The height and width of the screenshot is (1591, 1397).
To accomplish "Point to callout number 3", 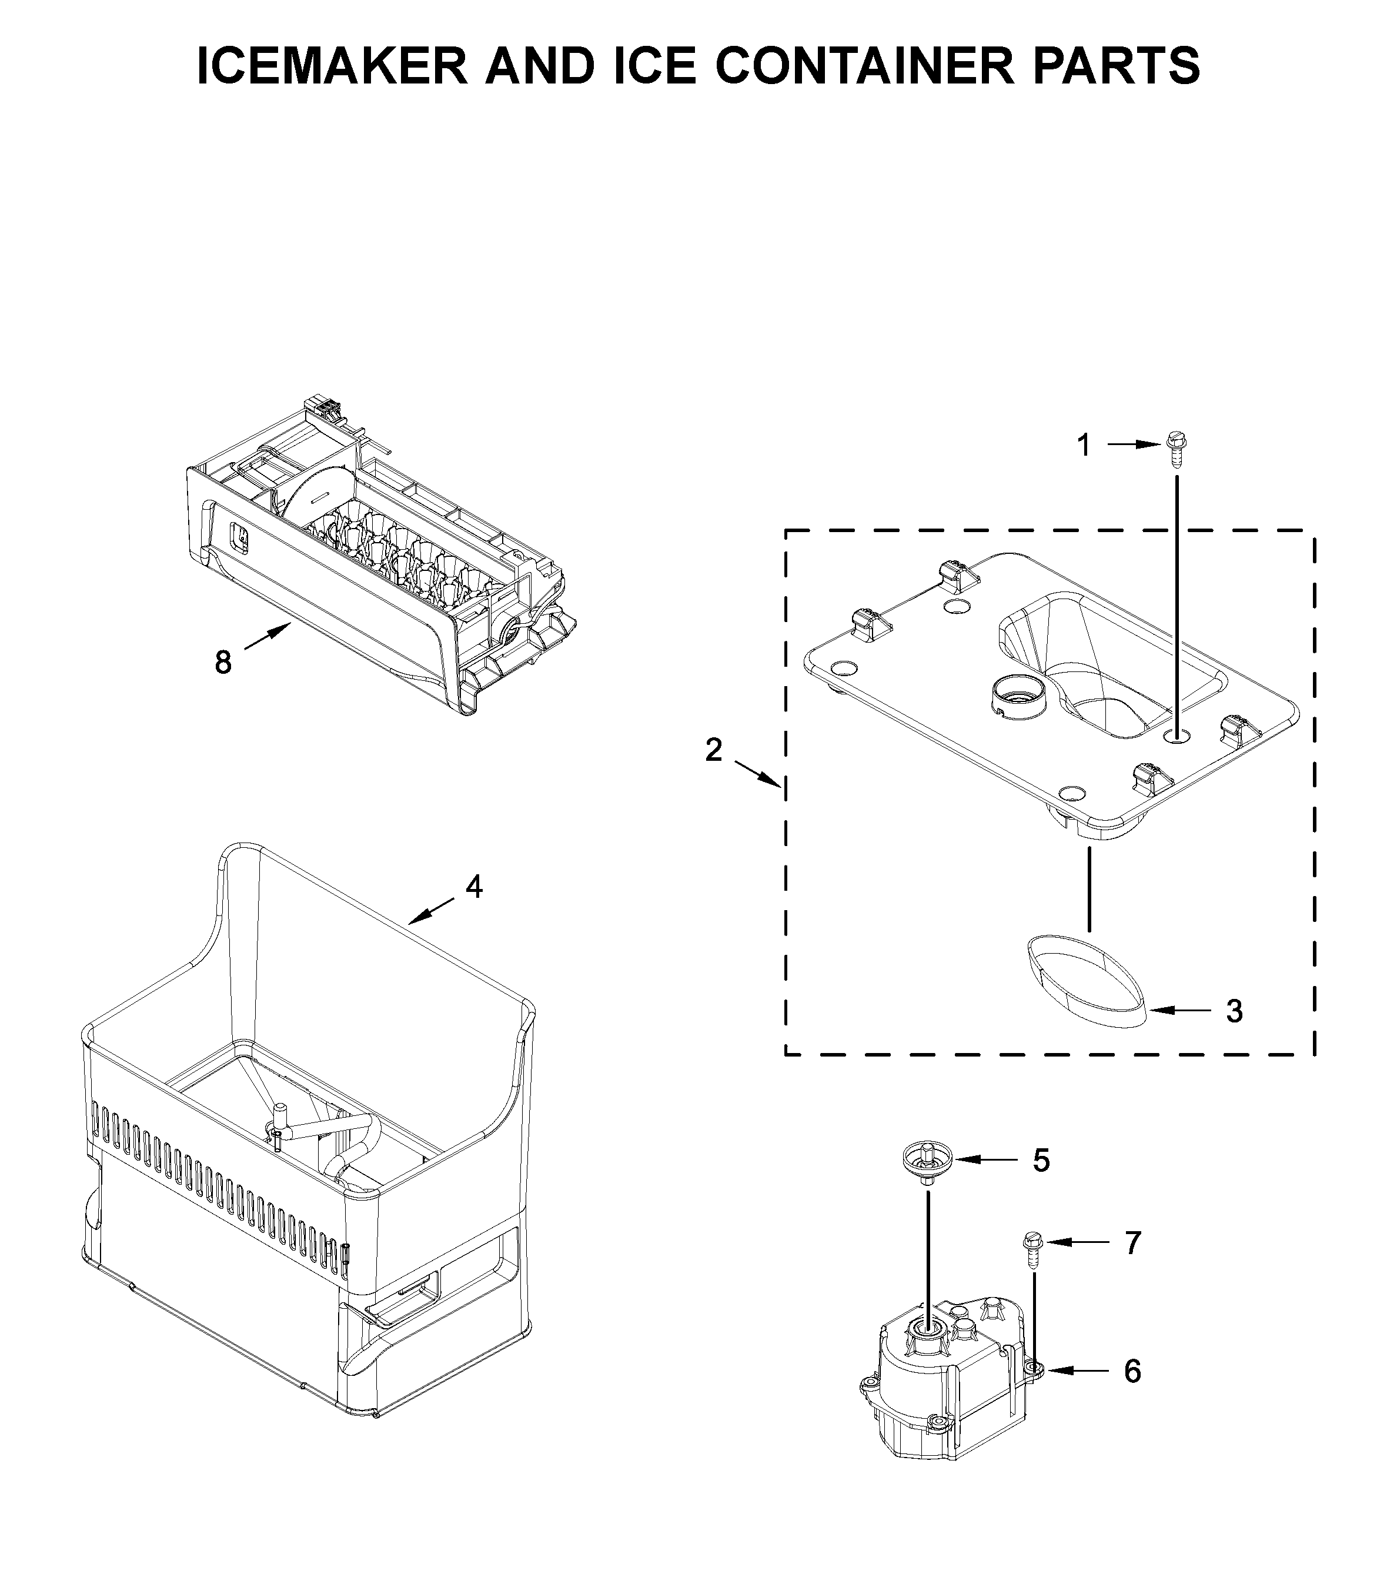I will pos(1234,1011).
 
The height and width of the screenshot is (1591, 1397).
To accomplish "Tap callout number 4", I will pos(473,886).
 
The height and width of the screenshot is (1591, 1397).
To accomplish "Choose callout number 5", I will pos(1041,1182).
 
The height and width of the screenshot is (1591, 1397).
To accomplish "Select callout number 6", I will pos(1132,1371).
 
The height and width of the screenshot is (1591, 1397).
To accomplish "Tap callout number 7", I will pos(1132,1243).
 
